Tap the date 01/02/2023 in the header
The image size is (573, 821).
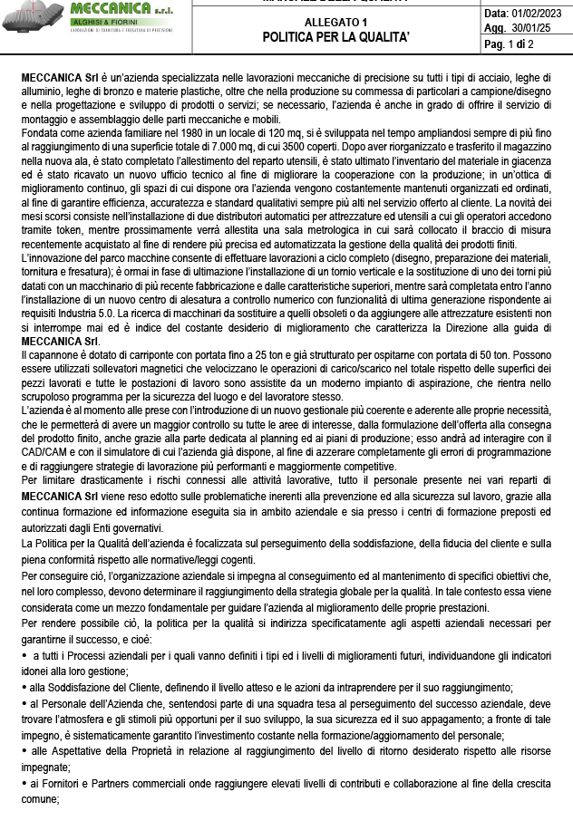pyautogui.click(x=539, y=14)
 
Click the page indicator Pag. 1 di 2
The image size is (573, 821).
pyautogui.click(x=510, y=43)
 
